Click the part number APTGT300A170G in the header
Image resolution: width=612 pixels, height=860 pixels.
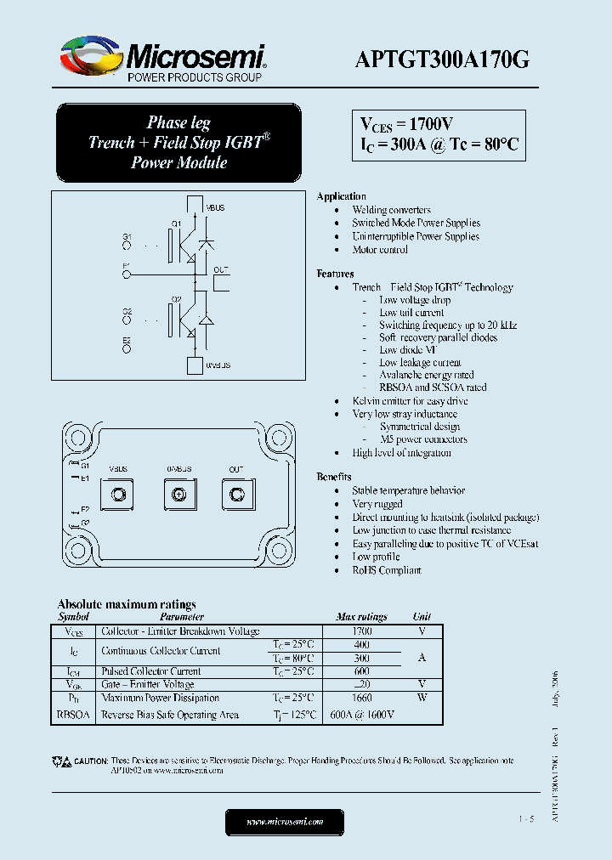[x=444, y=59]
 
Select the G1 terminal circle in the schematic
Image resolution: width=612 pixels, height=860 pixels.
[x=127, y=246]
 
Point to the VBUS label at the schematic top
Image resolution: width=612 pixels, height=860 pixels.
[x=216, y=208]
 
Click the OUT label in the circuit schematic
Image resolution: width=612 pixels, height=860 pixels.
[x=221, y=269]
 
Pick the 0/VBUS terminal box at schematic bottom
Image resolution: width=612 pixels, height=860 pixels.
[x=193, y=365]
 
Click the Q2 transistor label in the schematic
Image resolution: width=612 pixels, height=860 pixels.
[x=176, y=299]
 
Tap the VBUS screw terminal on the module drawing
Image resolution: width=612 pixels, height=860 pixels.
[x=119, y=494]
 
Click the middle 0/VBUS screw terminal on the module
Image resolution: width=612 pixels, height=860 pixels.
[x=178, y=494]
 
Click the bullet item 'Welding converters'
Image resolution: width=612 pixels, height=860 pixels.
[x=391, y=210]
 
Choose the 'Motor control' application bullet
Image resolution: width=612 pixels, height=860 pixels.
[x=380, y=250]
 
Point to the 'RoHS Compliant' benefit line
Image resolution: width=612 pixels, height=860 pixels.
[x=387, y=570]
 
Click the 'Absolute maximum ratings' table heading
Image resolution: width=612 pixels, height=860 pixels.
[x=127, y=604]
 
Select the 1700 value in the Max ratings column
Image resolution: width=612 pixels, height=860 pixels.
[x=361, y=631]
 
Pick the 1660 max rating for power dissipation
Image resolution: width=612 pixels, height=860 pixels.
[x=361, y=698]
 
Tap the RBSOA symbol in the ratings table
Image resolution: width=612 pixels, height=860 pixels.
[x=72, y=715]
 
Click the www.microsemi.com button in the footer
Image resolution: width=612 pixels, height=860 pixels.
[x=285, y=822]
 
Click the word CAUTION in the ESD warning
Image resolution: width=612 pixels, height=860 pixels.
[x=91, y=761]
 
